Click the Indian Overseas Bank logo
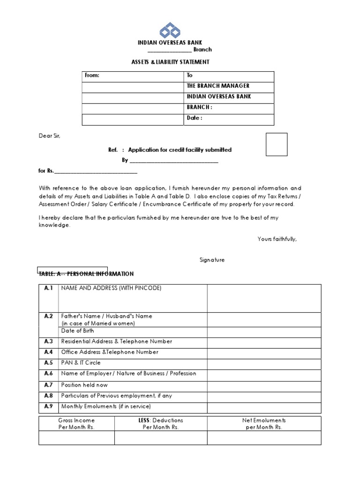(170, 30)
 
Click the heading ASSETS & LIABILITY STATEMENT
(170, 62)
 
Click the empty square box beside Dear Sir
(277, 144)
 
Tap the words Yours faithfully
(277, 239)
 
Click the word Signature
(212, 260)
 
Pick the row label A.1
(49, 288)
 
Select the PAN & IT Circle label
(81, 363)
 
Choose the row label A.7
(49, 385)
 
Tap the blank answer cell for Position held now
(264, 385)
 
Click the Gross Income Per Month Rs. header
(76, 424)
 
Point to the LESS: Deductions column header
(161, 424)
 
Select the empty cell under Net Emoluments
(264, 438)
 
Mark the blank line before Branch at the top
(170, 50)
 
